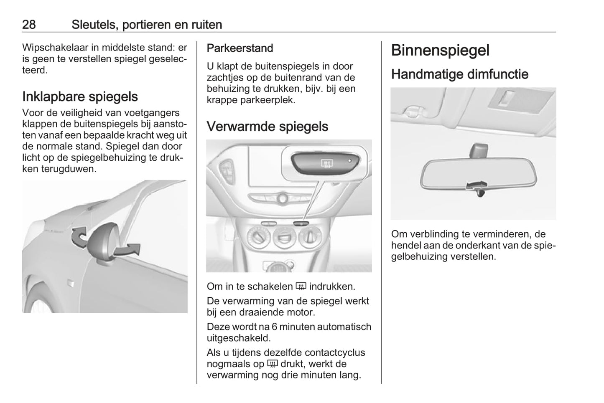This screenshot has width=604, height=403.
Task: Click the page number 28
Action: click(29, 25)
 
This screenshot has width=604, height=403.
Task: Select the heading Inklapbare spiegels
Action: click(80, 96)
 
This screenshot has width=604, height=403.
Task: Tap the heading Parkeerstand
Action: click(240, 48)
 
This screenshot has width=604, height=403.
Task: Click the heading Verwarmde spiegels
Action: click(267, 127)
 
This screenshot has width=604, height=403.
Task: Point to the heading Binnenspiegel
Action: click(440, 50)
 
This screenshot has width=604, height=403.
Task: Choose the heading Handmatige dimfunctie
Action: click(460, 74)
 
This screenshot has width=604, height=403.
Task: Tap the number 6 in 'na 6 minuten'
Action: click(274, 327)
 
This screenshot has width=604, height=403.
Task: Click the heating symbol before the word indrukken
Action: click(301, 286)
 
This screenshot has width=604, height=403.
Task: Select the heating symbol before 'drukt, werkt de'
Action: click(272, 364)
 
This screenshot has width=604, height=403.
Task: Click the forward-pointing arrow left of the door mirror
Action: click(79, 237)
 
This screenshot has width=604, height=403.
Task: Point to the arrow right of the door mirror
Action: click(128, 250)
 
